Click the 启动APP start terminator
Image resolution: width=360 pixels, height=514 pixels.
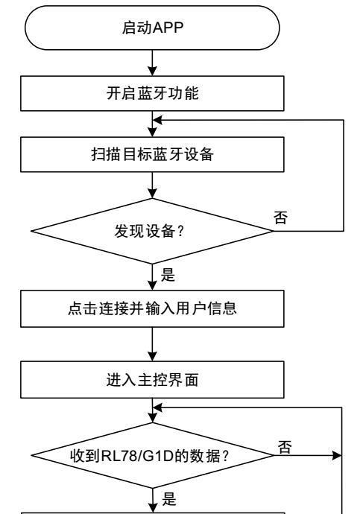click(152, 28)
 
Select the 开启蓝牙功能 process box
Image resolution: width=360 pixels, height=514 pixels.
click(152, 93)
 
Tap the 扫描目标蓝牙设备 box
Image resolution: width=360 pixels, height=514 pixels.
click(152, 154)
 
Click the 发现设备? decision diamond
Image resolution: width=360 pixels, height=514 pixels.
click(152, 231)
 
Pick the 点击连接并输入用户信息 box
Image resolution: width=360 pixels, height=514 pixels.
click(152, 308)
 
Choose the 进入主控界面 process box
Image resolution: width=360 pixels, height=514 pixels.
click(152, 380)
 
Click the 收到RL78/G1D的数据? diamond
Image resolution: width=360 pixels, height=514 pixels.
click(152, 455)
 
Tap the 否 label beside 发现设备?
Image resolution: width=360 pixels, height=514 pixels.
click(281, 218)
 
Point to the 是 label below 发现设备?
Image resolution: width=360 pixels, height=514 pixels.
click(168, 275)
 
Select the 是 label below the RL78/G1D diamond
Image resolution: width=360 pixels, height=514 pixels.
click(169, 499)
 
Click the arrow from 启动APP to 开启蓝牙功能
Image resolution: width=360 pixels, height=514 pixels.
click(152, 63)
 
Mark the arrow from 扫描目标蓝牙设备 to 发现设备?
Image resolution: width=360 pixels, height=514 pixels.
click(152, 185)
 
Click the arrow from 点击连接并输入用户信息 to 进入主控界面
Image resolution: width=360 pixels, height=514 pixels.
click(152, 344)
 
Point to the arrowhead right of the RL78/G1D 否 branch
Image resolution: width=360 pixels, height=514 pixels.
click(337, 455)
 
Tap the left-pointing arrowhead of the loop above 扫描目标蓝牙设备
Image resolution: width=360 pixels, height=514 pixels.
click(158, 120)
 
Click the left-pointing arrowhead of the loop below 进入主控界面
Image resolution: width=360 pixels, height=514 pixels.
click(158, 407)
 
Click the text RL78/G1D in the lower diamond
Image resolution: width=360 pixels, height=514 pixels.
click(137, 456)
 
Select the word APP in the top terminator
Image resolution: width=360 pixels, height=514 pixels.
click(168, 28)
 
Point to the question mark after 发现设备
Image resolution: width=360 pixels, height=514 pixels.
click(180, 232)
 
